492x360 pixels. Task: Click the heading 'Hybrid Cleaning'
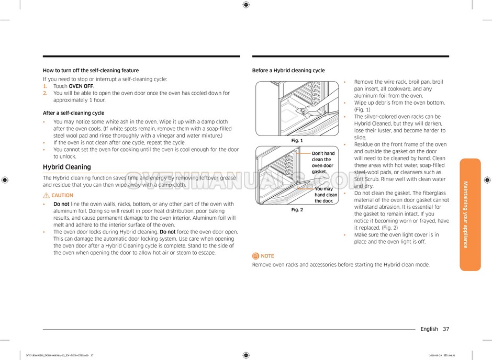tap(66, 167)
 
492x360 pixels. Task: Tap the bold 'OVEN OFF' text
tap(81, 86)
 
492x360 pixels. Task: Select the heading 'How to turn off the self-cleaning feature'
tap(91, 71)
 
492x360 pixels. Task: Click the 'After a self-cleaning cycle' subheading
tap(73, 113)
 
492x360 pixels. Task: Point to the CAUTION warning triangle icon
tap(46, 195)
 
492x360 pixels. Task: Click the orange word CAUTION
tap(62, 195)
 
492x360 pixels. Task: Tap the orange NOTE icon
tap(255, 256)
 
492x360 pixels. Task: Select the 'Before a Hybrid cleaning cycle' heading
tap(288, 71)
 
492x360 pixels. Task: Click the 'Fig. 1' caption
tap(297, 140)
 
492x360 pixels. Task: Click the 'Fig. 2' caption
tap(297, 209)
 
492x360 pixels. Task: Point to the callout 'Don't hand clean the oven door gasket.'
tap(323, 163)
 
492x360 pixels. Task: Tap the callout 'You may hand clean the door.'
tap(326, 195)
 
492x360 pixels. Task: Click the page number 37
tap(445, 329)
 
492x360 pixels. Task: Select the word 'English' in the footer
tap(429, 329)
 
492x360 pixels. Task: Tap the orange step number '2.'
tap(46, 93)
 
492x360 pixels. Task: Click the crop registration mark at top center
tap(246, 5)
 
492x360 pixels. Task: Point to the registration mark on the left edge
tap(5, 179)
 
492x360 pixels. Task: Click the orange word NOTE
tap(267, 256)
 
